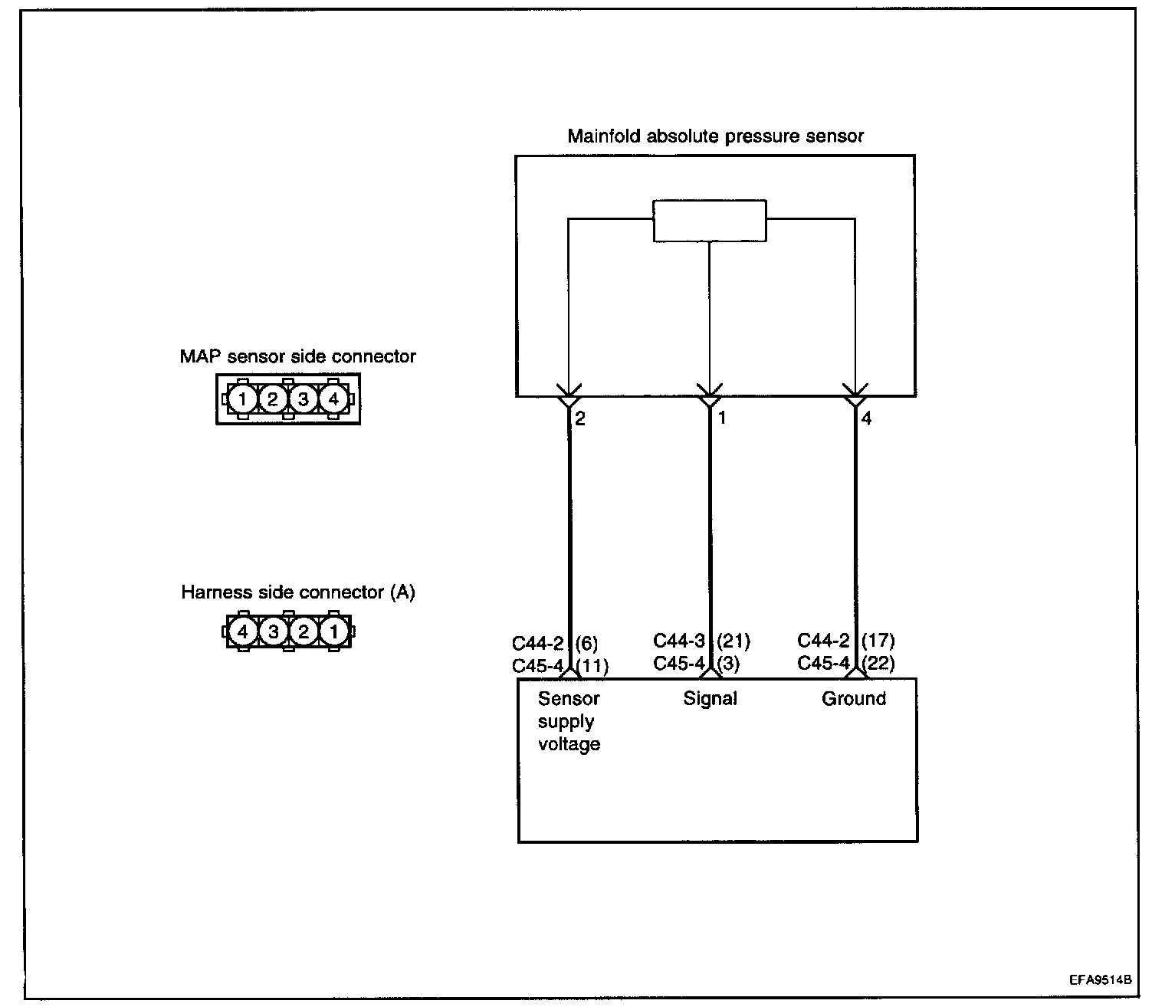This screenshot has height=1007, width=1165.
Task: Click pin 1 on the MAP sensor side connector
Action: pyautogui.click(x=241, y=399)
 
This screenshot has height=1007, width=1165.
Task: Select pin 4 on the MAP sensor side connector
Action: pyautogui.click(x=333, y=399)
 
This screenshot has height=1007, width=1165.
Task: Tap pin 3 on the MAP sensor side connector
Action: pyautogui.click(x=303, y=399)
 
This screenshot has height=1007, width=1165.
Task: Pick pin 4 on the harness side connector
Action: pyautogui.click(x=243, y=632)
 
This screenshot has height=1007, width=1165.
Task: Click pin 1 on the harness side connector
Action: pyautogui.click(x=333, y=632)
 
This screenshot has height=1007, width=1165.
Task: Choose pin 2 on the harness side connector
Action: pyautogui.click(x=304, y=632)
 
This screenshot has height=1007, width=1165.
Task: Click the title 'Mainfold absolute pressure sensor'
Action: pyautogui.click(x=715, y=136)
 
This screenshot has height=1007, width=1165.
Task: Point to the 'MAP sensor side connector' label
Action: pyautogui.click(x=297, y=356)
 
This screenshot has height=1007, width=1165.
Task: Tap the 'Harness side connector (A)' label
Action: pyautogui.click(x=298, y=592)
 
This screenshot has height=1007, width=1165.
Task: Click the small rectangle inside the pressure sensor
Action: pyautogui.click(x=709, y=221)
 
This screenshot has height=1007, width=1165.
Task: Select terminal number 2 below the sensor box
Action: pyautogui.click(x=580, y=419)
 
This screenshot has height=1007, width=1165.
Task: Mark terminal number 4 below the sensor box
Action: pyautogui.click(x=866, y=419)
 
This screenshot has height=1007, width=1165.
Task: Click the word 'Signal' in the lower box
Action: pyautogui.click(x=710, y=698)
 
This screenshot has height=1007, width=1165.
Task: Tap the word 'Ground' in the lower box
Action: pyautogui.click(x=853, y=698)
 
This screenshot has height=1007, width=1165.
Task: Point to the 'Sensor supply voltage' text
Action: pyautogui.click(x=569, y=721)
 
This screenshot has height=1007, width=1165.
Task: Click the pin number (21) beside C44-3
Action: pyautogui.click(x=733, y=641)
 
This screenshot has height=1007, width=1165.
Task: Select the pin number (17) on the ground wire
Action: pyautogui.click(x=878, y=641)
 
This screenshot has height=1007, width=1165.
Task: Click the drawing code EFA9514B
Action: pyautogui.click(x=1101, y=979)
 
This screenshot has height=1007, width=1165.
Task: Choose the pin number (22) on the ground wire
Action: pyautogui.click(x=878, y=663)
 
